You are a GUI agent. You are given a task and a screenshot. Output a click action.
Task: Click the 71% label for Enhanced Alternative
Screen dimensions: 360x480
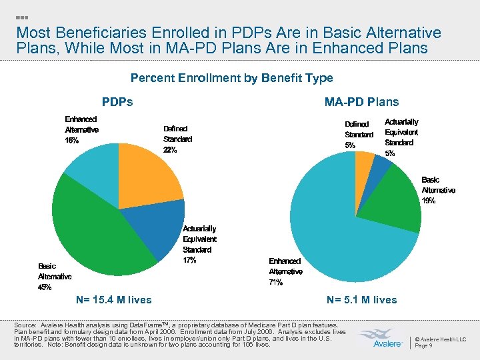point(276,282)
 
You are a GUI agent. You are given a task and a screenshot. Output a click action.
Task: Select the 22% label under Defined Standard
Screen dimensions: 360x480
point(171,150)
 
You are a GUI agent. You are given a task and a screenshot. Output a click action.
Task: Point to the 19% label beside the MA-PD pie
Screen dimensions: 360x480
point(428,201)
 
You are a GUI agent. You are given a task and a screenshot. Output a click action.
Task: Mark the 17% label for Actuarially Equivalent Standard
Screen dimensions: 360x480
point(189,260)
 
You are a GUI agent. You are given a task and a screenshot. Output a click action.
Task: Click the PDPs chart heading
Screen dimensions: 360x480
point(117,102)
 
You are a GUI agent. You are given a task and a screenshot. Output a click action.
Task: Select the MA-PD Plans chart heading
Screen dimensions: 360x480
point(361,102)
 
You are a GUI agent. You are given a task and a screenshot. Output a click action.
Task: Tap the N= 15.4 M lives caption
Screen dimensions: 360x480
point(114,300)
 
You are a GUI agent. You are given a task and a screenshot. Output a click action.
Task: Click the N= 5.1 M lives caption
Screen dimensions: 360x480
point(361,300)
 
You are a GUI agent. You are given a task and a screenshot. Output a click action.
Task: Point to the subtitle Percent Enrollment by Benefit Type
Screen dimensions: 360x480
point(231,78)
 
